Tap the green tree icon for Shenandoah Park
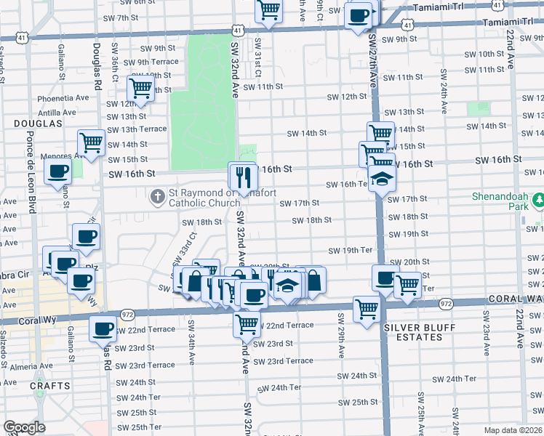(538, 198)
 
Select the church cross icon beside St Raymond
(157, 196)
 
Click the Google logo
(23, 427)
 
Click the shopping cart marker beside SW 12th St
(140, 89)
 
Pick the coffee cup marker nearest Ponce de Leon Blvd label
(58, 172)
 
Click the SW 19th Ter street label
(350, 251)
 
